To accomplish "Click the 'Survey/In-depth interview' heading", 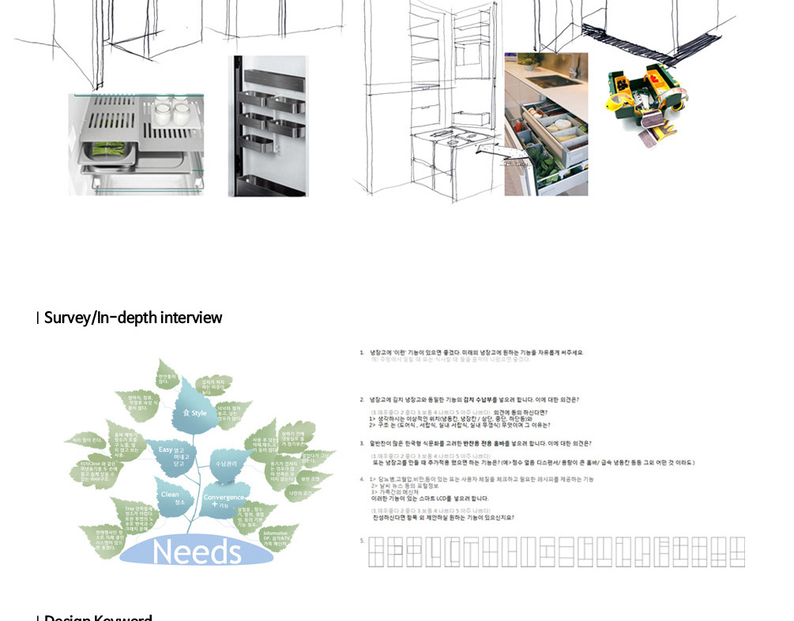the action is [x=133, y=318].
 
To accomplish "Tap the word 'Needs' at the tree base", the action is [x=197, y=551].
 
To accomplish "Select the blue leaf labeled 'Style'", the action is [x=193, y=411].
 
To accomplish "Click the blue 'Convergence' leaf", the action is [x=224, y=499].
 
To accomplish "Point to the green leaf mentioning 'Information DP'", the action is [x=276, y=538].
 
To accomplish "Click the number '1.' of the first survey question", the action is [x=362, y=352].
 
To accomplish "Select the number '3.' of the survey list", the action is [x=362, y=444].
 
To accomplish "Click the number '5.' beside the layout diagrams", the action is [x=362, y=541].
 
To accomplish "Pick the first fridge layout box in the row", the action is [x=375, y=551].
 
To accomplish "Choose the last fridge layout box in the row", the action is [x=737, y=551].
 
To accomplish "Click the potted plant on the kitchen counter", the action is [x=528, y=62].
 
